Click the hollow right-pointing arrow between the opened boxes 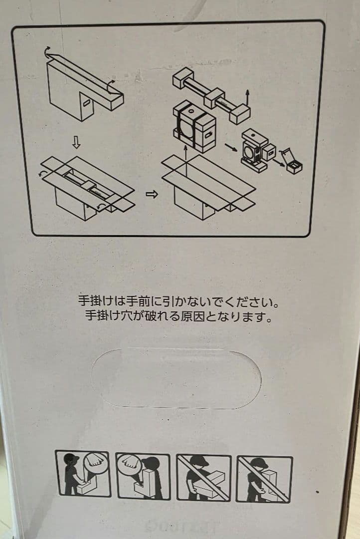152,195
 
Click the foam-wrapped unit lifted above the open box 194,126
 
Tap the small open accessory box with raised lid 292,162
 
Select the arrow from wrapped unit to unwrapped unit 231,147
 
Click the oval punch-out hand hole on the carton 176,378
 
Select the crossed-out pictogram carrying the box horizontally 204,477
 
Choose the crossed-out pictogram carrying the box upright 264,479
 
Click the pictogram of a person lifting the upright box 143,477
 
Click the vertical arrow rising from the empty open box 185,153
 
